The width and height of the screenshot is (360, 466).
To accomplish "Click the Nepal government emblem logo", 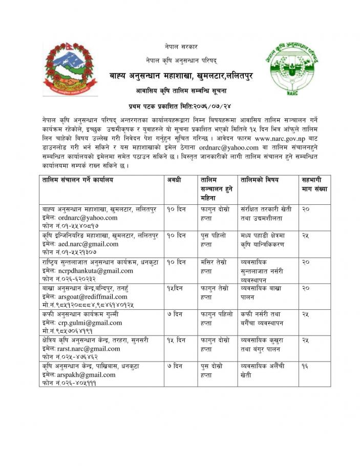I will [68, 69].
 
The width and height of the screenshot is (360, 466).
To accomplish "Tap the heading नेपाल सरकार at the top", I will [180, 47].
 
